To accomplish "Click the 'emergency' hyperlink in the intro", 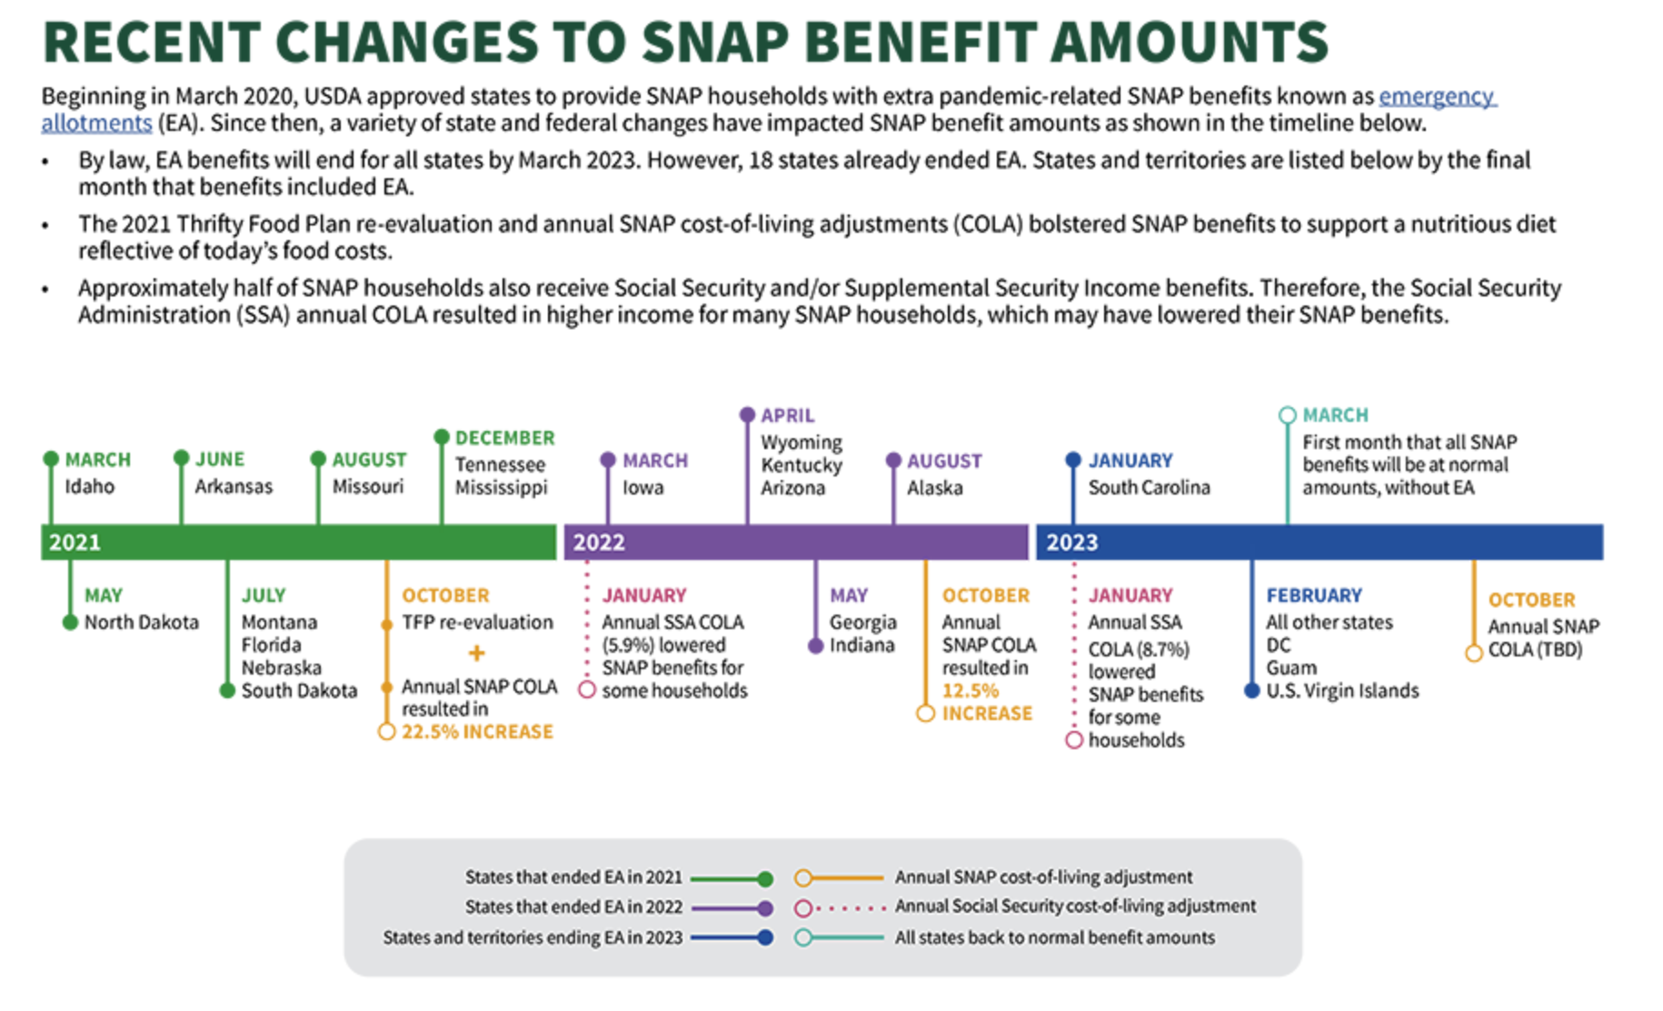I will (x=1436, y=96).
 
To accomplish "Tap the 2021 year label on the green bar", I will (x=75, y=543).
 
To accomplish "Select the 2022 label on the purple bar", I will (x=599, y=543).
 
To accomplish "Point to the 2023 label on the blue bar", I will (x=1071, y=543).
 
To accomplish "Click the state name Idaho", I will (x=89, y=486).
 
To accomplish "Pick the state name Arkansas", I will (x=234, y=486).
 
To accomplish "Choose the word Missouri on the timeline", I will (x=367, y=486).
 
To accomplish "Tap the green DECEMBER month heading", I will (x=504, y=438).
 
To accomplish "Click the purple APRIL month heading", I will (x=787, y=415).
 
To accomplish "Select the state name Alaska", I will (x=934, y=488).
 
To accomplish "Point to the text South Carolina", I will (x=1149, y=488).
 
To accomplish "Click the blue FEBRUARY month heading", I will (x=1314, y=596).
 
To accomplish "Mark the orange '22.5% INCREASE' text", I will (x=477, y=732).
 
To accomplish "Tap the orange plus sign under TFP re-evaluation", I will (x=476, y=653).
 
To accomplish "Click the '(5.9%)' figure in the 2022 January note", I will (x=624, y=646).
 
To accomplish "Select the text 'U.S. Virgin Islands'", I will (x=1342, y=691).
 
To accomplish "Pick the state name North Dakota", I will (x=141, y=623).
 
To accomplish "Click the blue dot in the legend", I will (x=765, y=937).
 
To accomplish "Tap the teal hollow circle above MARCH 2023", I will (x=1287, y=415).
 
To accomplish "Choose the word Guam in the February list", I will (x=1290, y=668).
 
